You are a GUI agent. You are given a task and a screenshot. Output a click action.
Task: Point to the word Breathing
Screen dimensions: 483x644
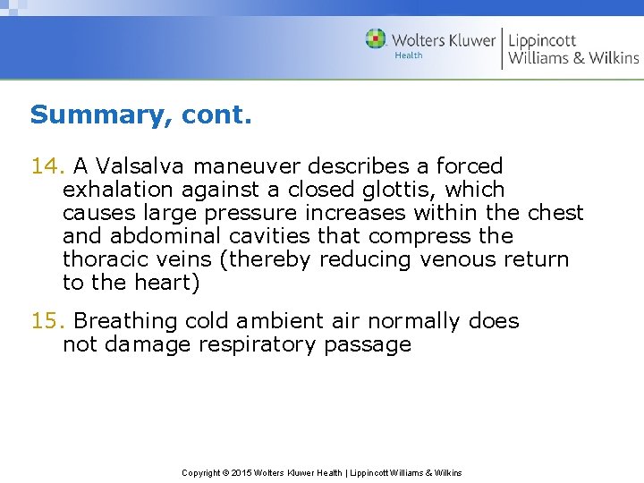click(125, 321)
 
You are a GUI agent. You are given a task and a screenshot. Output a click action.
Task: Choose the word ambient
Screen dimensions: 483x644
click(268, 321)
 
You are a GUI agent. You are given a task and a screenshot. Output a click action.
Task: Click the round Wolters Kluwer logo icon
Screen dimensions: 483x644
click(376, 39)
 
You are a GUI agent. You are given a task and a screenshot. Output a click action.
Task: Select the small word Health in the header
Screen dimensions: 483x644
click(409, 56)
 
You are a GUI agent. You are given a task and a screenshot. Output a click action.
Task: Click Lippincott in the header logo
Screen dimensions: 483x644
click(542, 40)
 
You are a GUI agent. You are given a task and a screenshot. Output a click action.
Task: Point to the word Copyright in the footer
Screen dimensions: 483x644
click(201, 472)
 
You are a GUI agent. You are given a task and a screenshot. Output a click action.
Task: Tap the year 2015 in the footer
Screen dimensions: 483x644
click(241, 472)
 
